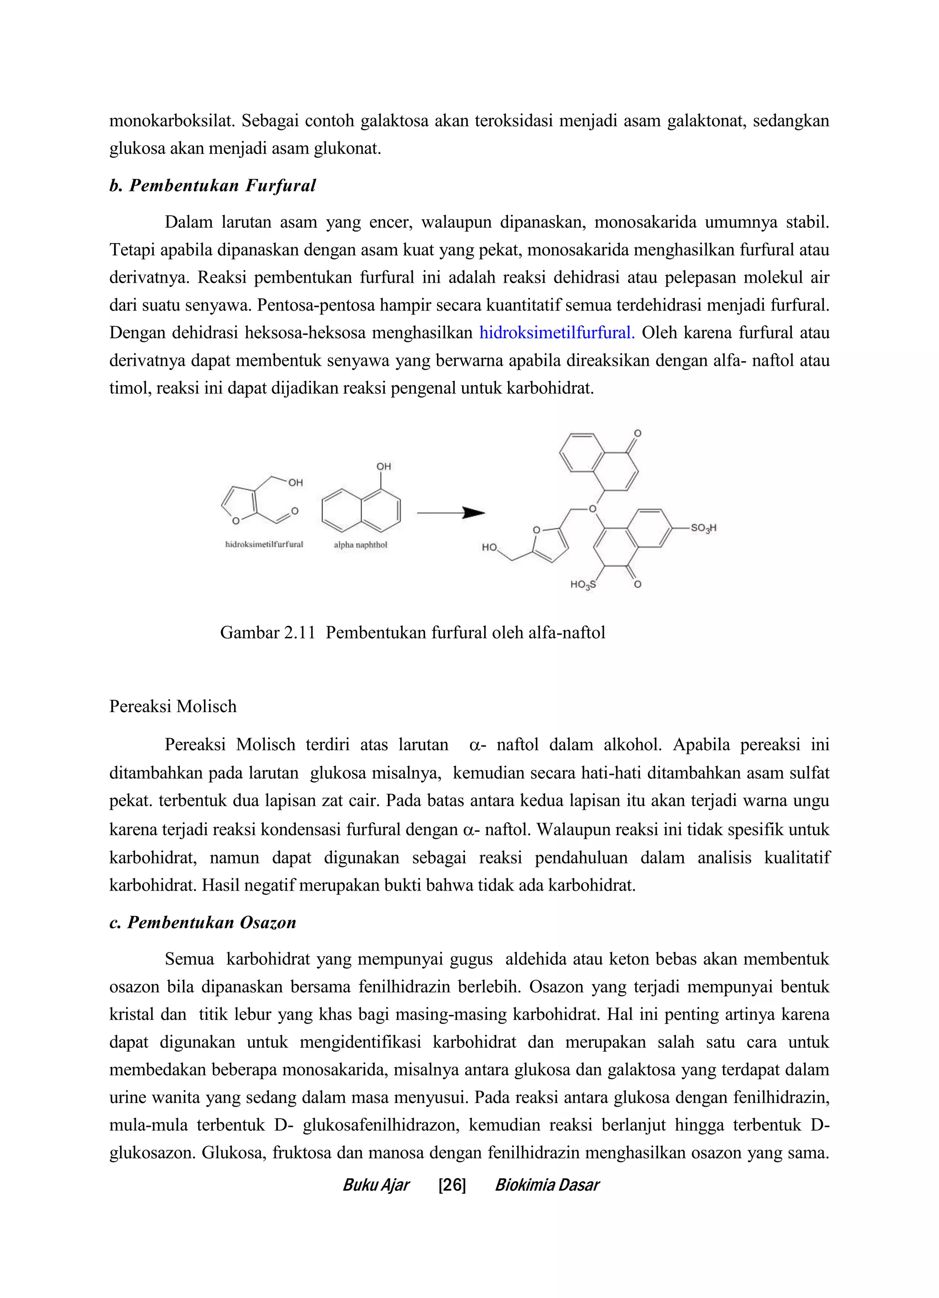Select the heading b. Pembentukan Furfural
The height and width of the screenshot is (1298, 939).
coord(212,185)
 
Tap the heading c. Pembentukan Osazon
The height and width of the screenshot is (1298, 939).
coord(203,923)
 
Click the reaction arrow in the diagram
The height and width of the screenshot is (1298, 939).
coord(451,513)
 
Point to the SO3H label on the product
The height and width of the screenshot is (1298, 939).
coord(703,528)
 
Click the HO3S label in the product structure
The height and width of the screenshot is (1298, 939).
coord(583,585)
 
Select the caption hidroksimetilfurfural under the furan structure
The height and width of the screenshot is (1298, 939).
coord(264,544)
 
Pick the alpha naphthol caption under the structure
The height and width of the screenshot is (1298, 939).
coord(360,545)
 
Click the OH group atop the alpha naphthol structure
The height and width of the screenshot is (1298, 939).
coord(383,467)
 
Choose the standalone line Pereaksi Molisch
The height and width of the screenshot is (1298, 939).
coord(173,706)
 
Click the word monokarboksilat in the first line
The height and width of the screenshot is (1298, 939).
coord(171,121)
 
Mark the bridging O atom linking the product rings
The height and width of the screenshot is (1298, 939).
coord(592,509)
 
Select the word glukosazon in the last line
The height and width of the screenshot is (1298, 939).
coord(150,1152)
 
